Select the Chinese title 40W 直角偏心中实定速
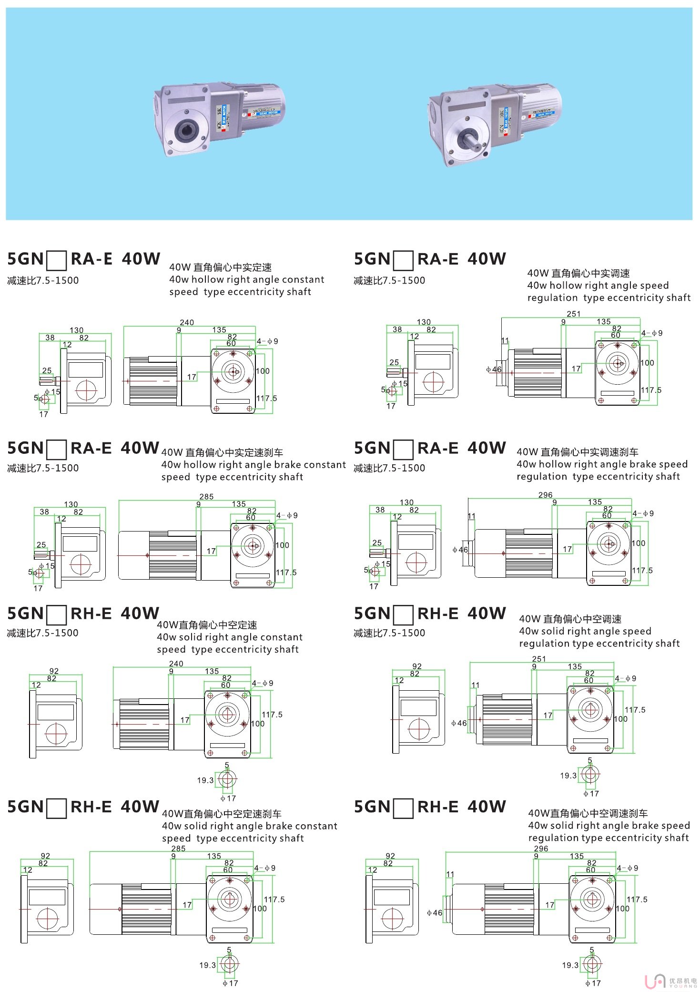(x=220, y=267)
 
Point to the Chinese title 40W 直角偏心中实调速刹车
(x=577, y=452)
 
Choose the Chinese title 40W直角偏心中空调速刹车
(x=588, y=813)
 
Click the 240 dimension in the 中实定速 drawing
(x=187, y=323)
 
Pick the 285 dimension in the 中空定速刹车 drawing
(x=178, y=849)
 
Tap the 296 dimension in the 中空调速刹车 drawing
(x=541, y=849)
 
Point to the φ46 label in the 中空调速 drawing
(x=458, y=723)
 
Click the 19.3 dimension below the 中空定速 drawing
(x=205, y=780)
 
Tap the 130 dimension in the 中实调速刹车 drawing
(x=406, y=502)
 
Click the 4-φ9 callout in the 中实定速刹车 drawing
(x=287, y=515)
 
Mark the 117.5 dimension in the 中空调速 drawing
(x=635, y=710)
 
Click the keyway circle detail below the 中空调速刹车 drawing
(x=592, y=964)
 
